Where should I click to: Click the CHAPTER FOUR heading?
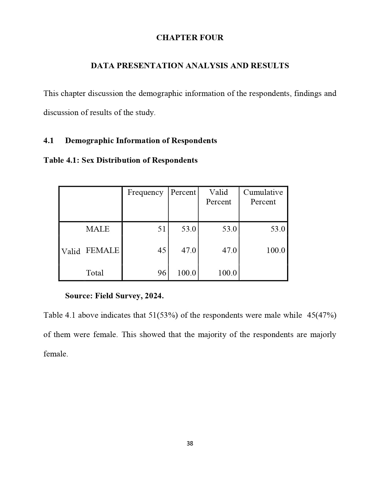point(190,38)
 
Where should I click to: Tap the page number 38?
point(190,443)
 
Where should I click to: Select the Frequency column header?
point(145,193)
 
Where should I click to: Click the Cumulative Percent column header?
point(263,197)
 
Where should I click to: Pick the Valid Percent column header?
point(219,197)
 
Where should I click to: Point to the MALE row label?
point(98,229)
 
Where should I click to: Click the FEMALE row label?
point(102,250)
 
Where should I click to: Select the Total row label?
point(95,273)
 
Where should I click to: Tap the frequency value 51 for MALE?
point(162,229)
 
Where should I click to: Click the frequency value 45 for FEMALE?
point(162,250)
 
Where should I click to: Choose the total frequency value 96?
point(162,273)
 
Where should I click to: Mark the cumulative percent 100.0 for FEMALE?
point(276,250)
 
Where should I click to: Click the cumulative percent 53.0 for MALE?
point(278,229)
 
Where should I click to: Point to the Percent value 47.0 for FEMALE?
point(188,250)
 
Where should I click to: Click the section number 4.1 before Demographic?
point(49,140)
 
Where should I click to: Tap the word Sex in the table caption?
point(88,160)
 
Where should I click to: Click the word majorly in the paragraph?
point(323,334)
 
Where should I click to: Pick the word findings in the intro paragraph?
point(308,93)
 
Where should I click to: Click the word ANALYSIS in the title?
point(206,66)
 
